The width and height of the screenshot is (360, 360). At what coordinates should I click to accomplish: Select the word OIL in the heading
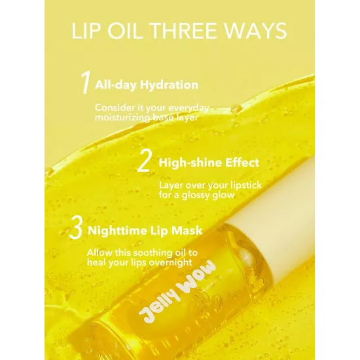(x=125, y=31)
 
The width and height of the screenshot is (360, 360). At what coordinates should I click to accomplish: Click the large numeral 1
(x=86, y=82)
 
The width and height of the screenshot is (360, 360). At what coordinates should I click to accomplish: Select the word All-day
(x=116, y=84)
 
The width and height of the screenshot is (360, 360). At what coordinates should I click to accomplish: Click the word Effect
(x=242, y=162)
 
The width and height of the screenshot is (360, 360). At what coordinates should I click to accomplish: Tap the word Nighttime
(x=118, y=230)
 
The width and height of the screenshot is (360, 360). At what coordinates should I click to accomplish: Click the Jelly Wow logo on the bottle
(x=177, y=292)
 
